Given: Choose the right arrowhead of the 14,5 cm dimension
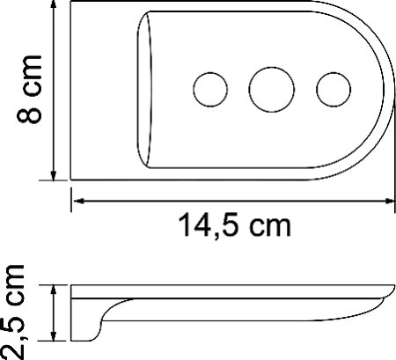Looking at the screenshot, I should click(386, 201).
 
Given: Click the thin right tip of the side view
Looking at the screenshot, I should click(388, 298).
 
